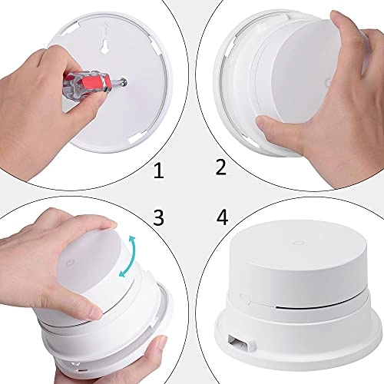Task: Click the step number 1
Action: (x=158, y=170)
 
